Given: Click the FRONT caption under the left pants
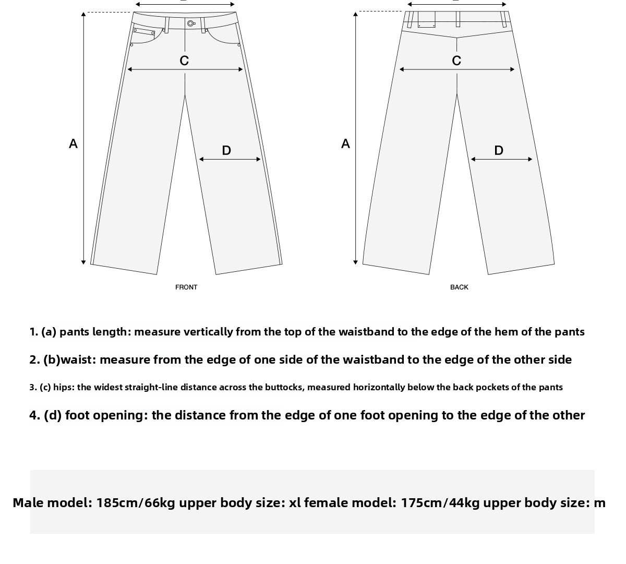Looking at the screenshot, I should point(186,287).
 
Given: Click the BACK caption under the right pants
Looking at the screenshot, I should point(459,287).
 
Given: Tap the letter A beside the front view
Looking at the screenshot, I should point(73,143).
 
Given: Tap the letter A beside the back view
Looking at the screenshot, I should point(345,143).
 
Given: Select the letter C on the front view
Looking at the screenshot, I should point(184,61).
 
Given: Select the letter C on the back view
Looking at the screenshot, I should point(456,61).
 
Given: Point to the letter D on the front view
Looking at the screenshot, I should point(226,150).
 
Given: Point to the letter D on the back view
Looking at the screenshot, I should point(499,150).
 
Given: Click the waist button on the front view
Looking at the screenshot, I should point(190,23).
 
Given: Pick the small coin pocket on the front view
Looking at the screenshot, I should point(144,32).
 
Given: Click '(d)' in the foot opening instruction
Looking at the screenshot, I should point(53,415).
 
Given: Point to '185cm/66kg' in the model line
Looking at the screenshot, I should point(136,503).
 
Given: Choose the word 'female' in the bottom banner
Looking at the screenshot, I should point(326,503).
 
